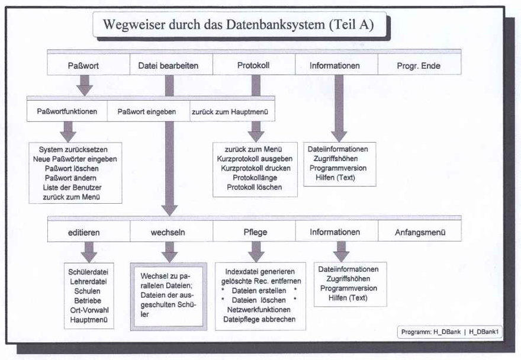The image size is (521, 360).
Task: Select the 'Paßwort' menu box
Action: click(x=87, y=65)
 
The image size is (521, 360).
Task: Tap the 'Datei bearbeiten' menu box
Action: click(x=168, y=65)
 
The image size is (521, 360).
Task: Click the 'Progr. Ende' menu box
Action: click(x=419, y=65)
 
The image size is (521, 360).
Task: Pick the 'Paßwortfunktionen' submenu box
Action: click(x=67, y=111)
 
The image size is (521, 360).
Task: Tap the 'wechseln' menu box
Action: click(x=171, y=232)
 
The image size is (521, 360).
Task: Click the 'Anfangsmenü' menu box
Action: click(x=420, y=232)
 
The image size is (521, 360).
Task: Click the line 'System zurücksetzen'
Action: click(x=77, y=149)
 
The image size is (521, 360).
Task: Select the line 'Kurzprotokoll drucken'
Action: click(x=254, y=168)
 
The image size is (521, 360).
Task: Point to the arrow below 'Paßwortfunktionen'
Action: click(x=69, y=129)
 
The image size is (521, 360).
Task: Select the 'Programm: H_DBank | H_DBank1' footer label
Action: click(x=451, y=332)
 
